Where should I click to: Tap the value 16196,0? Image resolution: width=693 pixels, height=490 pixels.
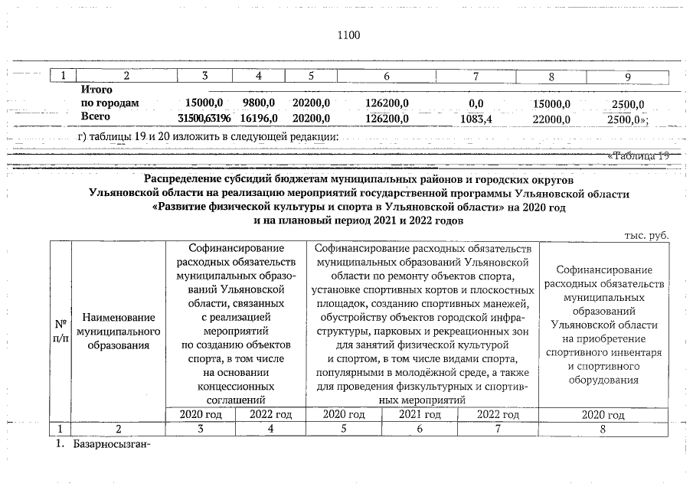[258, 117]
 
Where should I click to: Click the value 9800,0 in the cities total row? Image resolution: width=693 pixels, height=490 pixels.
[258, 103]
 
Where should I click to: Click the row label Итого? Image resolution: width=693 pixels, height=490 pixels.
[96, 90]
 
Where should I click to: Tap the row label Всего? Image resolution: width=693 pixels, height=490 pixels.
[96, 117]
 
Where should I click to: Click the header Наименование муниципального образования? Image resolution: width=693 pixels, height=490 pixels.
[119, 331]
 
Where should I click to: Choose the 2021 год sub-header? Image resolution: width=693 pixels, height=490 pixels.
[421, 415]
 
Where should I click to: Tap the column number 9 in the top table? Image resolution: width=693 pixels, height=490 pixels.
[627, 76]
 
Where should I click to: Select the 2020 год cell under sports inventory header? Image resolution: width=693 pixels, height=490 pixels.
[603, 415]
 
